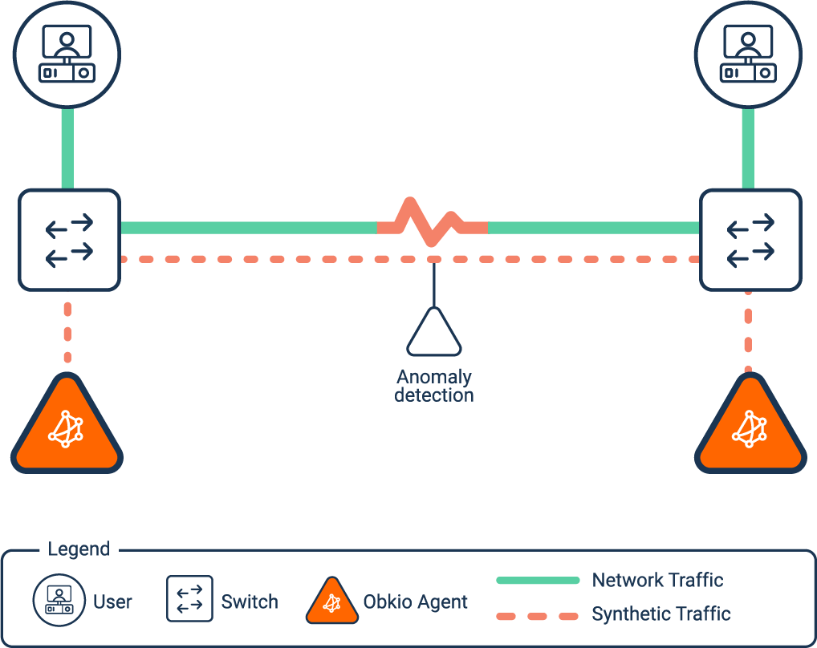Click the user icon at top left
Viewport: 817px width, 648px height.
coord(67,55)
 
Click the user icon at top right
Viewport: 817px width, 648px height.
coord(748,55)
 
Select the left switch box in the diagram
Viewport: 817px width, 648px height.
coord(69,240)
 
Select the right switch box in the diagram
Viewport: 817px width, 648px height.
coord(750,240)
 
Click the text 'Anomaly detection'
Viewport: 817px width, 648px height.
coord(434,386)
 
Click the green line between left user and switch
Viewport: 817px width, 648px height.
coord(67,148)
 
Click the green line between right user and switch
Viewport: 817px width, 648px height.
coord(748,148)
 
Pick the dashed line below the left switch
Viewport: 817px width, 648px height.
coord(67,332)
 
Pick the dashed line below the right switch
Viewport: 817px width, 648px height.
coord(749,332)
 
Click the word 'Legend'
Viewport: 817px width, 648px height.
coord(79,549)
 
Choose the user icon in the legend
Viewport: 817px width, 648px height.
coord(58,601)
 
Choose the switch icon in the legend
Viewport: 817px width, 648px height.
coord(189,599)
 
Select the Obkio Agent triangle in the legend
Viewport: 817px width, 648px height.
coord(332,601)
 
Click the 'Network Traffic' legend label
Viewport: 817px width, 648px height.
coord(657,580)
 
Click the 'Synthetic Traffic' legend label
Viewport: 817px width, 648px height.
coord(661,614)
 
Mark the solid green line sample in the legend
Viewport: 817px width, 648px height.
coord(538,580)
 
